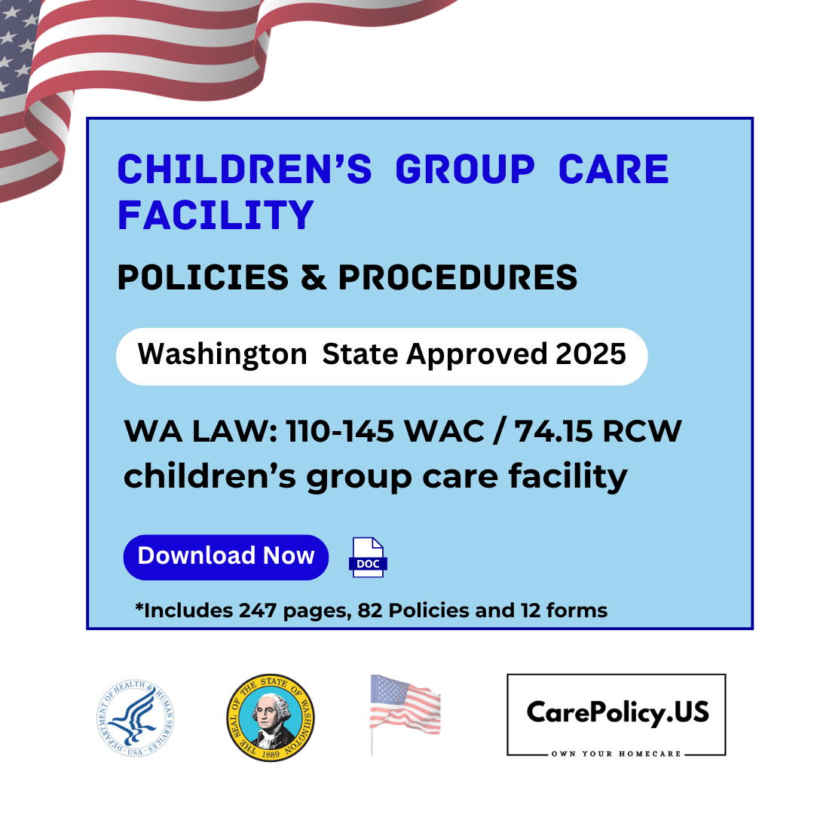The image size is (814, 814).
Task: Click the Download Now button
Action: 225,556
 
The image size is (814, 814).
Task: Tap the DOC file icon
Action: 368,558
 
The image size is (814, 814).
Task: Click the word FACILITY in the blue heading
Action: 216,215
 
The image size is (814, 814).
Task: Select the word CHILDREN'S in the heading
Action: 244,170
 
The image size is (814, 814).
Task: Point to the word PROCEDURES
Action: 457,278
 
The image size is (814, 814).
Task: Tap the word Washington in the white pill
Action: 222,353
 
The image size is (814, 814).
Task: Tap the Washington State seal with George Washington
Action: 271,717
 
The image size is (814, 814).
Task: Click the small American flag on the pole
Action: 405,708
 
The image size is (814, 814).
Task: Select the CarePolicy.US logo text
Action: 617,711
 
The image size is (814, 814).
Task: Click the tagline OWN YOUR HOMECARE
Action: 617,754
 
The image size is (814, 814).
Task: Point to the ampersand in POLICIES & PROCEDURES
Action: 313,278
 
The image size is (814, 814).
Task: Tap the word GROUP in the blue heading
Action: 465,170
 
